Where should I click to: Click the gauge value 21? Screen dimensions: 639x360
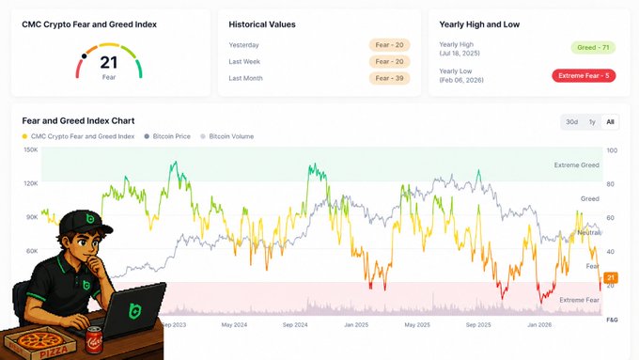[x=109, y=62]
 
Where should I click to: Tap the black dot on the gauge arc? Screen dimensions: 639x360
[x=84, y=56]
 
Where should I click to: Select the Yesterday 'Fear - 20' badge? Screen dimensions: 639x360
[x=389, y=45]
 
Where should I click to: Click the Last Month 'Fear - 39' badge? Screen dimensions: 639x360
[x=389, y=78]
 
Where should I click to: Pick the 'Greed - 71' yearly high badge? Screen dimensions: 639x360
[x=593, y=47]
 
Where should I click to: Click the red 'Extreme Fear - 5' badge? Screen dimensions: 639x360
[x=584, y=76]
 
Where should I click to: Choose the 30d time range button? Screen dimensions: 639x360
[x=571, y=122]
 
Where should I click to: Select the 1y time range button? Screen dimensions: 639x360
[x=592, y=122]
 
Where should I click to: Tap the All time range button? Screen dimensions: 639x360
[x=610, y=122]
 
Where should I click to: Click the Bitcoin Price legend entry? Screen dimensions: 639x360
[x=167, y=136]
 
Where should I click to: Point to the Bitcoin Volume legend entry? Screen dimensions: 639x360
[x=227, y=136]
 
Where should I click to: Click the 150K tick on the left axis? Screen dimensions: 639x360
[x=31, y=150]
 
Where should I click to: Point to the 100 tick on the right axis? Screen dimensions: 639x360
[x=612, y=150]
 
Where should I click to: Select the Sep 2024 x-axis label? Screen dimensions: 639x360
[x=295, y=325]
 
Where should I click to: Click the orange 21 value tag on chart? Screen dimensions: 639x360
[x=611, y=277]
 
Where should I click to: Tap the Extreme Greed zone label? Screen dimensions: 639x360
[x=576, y=165]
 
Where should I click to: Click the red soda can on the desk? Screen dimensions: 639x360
[x=94, y=339]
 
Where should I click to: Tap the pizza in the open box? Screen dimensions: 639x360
[x=39, y=341]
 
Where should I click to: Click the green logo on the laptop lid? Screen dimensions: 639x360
[x=135, y=311]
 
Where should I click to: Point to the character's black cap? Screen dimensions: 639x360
[x=85, y=222]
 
